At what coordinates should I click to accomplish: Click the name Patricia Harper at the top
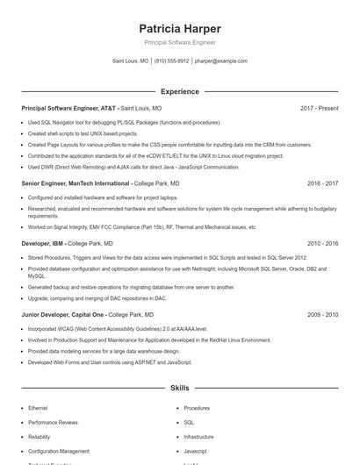coord(179,28)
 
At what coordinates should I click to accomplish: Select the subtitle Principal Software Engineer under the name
coord(179,42)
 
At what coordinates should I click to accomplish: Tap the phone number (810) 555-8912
coord(171,61)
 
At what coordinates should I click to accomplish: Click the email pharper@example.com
coord(221,61)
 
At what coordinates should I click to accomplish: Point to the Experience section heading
coord(179,91)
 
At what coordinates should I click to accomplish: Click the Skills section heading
coord(179,387)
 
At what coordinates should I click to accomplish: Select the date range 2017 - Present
coord(319,108)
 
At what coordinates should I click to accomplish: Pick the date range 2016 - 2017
coord(322,184)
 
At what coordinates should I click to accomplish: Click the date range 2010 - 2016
coord(322,243)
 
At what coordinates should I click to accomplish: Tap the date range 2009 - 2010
coord(322,314)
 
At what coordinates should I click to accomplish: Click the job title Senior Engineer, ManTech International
coord(76,184)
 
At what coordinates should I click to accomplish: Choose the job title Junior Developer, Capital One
coord(63,314)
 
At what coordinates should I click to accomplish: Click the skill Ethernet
coord(38,408)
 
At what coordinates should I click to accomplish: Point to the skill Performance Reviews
coord(53,422)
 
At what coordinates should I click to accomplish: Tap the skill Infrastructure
coord(198,436)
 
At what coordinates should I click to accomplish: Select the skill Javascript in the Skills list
coord(195,451)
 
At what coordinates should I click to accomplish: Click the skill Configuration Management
coord(59,451)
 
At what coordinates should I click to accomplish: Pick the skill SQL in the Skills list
coord(189,422)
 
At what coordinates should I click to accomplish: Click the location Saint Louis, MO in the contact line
coord(131,61)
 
